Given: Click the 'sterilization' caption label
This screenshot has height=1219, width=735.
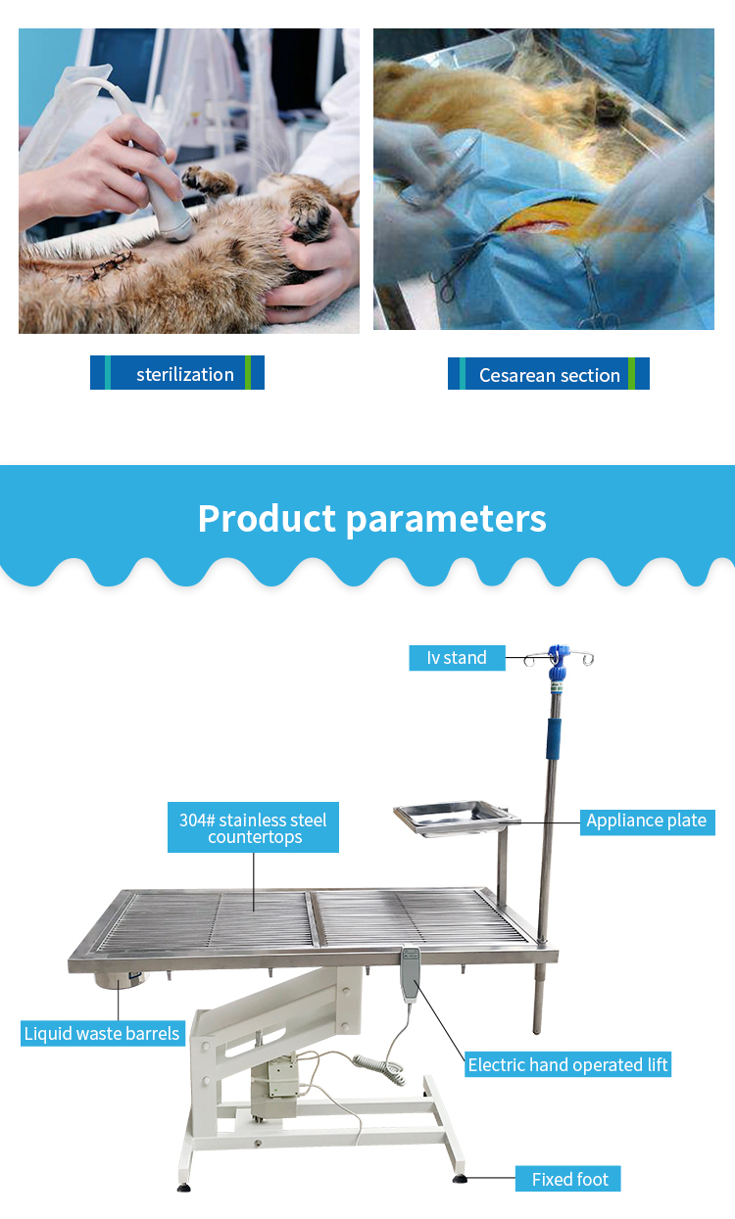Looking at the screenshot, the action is [177, 373].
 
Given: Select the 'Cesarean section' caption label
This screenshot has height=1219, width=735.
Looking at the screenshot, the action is [549, 374].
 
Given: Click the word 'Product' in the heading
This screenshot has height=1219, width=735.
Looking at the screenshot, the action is [267, 518].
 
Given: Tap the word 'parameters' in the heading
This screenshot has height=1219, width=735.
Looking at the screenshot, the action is [446, 520].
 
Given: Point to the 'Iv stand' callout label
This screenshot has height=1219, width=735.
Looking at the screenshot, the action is [457, 657].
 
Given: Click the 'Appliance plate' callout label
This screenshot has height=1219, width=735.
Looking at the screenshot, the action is [647, 820].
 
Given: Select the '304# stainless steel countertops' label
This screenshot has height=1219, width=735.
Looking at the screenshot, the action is [253, 827].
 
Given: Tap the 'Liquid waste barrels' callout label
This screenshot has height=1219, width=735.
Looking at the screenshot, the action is [103, 1033].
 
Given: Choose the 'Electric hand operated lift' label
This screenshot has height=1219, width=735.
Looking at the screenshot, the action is [567, 1064].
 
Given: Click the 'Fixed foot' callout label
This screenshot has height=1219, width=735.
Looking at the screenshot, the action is [568, 1179].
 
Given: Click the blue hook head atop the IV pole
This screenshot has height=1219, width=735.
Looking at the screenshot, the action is [558, 662].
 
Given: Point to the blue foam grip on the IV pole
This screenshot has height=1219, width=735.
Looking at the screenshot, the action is [554, 738].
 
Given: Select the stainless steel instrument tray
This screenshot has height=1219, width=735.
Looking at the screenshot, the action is [456, 818].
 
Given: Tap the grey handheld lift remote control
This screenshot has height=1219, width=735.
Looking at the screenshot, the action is [411, 974].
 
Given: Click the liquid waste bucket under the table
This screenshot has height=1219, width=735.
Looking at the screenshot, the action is [121, 979].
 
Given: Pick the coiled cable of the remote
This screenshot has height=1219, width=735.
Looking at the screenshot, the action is [380, 1066].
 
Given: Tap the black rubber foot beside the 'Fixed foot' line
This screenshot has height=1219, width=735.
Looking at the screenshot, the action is [460, 1179].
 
